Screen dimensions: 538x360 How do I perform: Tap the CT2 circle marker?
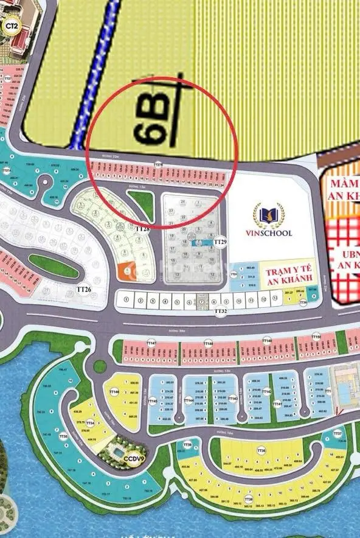click(10, 26)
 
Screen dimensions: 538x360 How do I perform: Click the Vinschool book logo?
click(268, 214)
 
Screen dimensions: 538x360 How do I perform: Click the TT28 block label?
click(144, 229)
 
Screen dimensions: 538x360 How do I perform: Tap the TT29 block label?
click(220, 242)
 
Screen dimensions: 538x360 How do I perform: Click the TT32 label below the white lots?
click(220, 312)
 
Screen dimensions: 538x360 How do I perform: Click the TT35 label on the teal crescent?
click(64, 436)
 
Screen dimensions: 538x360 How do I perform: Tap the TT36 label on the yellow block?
click(261, 451)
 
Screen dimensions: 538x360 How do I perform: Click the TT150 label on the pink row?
click(316, 337)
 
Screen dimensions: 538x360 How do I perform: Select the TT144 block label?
click(189, 400)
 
